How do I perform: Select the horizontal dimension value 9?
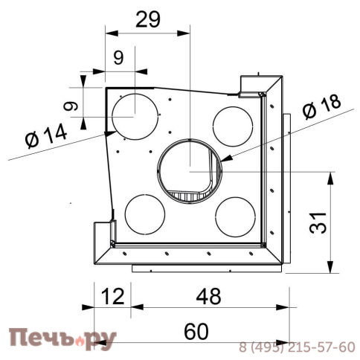(118, 57)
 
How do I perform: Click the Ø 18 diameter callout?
(321, 108)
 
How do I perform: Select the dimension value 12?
(112, 297)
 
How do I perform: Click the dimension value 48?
(209, 297)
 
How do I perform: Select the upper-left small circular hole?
(135, 116)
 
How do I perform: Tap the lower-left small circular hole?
(145, 213)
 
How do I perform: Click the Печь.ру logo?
(62, 341)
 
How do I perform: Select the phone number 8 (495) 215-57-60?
(297, 347)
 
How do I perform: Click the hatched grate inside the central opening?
(191, 195)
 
